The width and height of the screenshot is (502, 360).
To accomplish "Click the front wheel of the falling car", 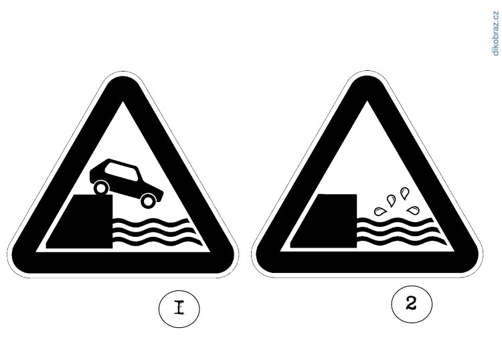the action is click(148, 201).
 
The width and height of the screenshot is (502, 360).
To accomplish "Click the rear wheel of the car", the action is click(101, 188).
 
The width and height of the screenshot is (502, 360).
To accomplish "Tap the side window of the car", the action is click(122, 173).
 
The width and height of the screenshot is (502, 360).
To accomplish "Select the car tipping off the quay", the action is click(127, 183).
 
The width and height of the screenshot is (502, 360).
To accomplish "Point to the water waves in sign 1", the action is click(157, 232).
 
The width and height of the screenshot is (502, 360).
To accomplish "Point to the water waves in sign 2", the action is click(401, 232).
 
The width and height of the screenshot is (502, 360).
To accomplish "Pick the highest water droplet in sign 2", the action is click(405, 193).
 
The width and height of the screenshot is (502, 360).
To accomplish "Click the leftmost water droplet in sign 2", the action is click(380, 211).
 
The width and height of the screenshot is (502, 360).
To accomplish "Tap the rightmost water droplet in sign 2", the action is click(414, 210).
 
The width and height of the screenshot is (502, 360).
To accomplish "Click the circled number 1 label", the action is click(179, 308).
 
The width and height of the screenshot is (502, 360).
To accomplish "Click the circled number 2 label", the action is click(412, 304).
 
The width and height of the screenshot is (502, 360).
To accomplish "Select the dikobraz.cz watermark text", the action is click(495, 33).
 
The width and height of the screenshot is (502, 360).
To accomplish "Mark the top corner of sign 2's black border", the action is click(367, 76).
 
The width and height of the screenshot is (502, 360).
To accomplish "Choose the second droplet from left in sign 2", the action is click(392, 200).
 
